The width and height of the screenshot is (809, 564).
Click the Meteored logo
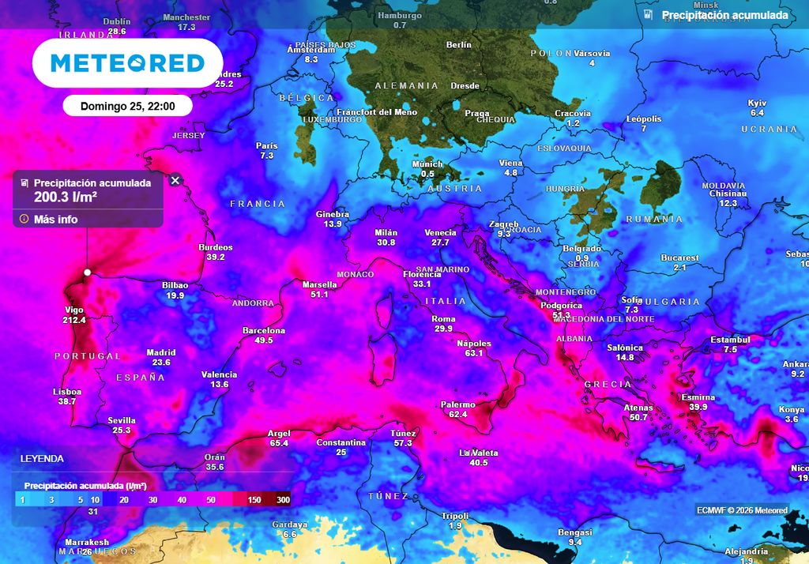[127, 62]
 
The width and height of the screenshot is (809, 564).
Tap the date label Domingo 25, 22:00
[127, 106]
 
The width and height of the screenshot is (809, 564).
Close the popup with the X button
[175, 180]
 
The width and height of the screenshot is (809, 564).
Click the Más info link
[55, 219]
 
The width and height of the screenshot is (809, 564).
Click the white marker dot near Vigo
[88, 273]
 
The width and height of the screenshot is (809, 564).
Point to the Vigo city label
[73, 310]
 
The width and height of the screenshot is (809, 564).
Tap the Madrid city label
[161, 352]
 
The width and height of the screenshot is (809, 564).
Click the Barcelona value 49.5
[264, 340]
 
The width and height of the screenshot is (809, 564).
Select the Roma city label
[443, 318]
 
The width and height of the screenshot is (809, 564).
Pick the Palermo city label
[458, 404]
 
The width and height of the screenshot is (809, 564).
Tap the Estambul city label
[730, 340]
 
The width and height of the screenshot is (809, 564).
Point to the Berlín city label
[459, 45]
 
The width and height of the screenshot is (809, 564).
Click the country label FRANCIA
[258, 204]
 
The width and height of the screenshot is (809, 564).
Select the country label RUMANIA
[654, 219]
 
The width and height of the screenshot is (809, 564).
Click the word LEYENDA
[43, 458]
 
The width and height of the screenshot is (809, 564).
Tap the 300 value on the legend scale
[284, 500]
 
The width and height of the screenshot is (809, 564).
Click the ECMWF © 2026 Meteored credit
[742, 510]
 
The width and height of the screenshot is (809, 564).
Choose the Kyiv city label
[757, 103]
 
